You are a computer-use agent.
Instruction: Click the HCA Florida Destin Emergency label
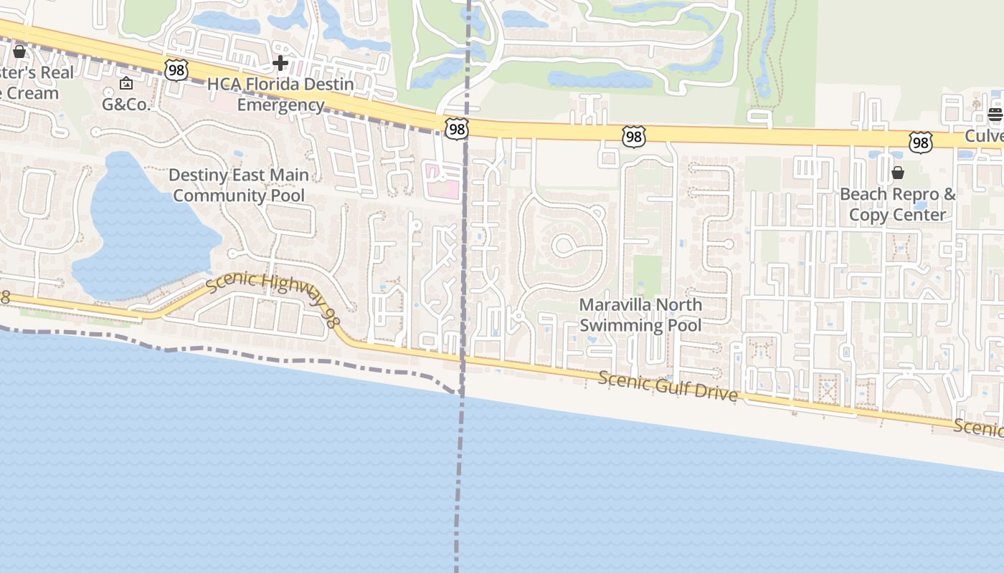click(280, 95)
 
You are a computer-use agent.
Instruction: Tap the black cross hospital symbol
click(280, 63)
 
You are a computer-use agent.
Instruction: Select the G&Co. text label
click(126, 105)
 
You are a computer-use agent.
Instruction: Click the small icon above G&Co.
click(126, 84)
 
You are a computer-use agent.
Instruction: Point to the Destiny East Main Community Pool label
click(239, 185)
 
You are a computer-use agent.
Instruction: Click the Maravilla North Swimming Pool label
click(640, 315)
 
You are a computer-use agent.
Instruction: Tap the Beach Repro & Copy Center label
click(897, 204)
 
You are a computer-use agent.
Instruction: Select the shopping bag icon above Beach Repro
click(897, 173)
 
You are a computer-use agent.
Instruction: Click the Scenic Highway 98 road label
click(273, 298)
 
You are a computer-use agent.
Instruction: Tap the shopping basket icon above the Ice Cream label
click(19, 52)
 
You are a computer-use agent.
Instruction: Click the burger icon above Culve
click(995, 115)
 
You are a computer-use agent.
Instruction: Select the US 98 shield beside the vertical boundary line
click(456, 128)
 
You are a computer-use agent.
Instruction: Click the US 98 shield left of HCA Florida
click(176, 69)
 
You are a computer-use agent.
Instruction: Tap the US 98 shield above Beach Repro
click(920, 142)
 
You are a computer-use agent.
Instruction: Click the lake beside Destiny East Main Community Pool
click(140, 236)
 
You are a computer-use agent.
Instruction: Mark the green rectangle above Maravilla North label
click(648, 276)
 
